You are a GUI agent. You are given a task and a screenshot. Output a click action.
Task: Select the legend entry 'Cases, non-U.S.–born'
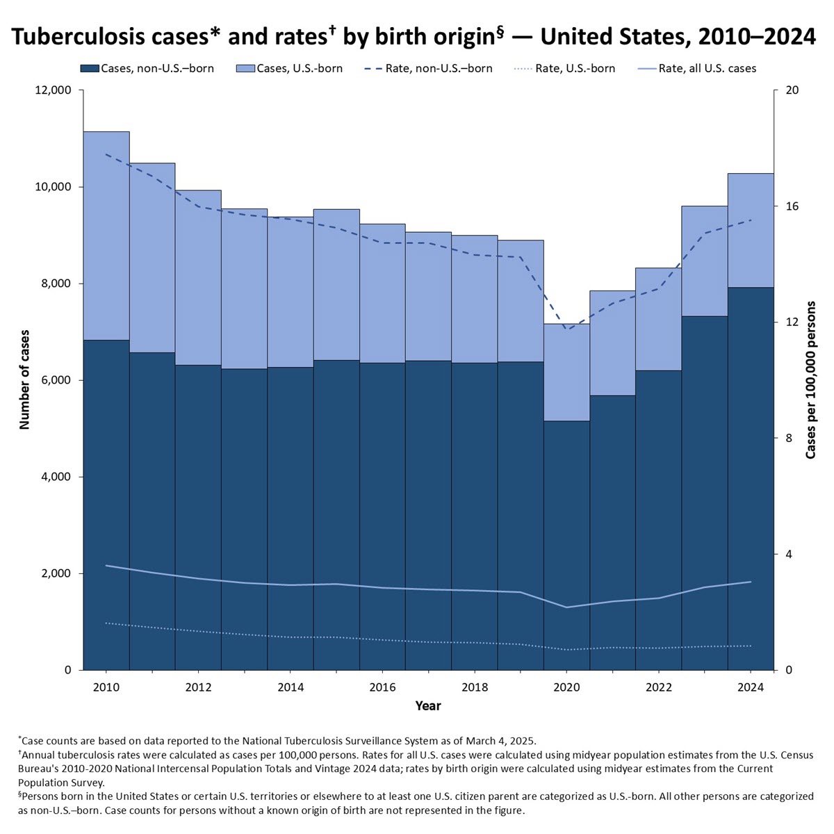tap(147, 68)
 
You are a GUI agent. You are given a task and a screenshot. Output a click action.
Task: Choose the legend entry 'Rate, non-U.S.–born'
tap(429, 68)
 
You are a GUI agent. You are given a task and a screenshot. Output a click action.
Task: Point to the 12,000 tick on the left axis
tap(53, 90)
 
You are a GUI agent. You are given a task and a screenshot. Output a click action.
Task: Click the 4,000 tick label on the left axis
tap(56, 477)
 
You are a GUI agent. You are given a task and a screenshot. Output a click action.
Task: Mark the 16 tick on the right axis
tap(792, 206)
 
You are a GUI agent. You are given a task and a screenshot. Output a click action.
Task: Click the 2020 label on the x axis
tap(566, 687)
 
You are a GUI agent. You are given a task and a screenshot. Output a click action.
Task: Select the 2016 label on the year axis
tap(382, 687)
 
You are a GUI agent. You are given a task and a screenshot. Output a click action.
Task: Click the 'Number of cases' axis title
tap(25, 379)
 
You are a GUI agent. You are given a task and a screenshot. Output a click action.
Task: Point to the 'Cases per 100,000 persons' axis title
tap(811, 379)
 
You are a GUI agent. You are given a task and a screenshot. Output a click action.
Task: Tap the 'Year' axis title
tap(427, 706)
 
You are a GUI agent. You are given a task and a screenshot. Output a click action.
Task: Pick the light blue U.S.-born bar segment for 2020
tap(566, 372)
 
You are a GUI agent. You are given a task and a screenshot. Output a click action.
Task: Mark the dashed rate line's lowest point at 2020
tap(566, 329)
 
